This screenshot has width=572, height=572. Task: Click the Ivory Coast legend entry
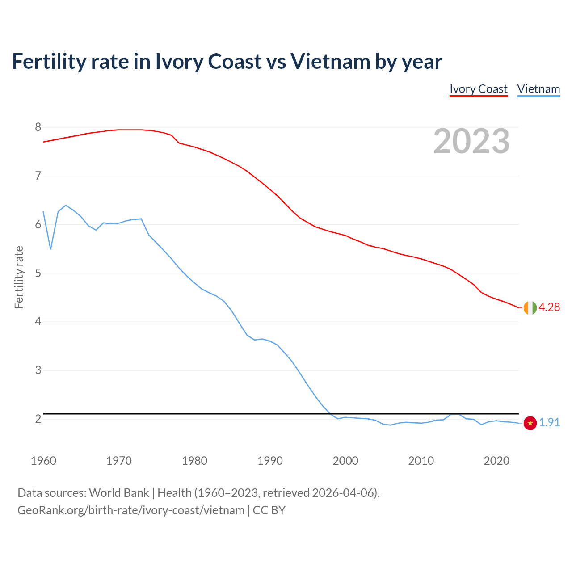478,89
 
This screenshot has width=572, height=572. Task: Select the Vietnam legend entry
538,89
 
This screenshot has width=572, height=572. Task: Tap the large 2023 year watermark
471,141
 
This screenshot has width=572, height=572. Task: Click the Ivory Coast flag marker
530,307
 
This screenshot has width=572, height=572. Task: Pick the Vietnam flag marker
530,423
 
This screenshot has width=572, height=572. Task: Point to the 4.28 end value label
549,307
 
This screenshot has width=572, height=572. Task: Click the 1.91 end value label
549,422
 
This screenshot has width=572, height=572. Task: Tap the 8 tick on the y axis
38,127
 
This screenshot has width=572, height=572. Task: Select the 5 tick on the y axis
38,273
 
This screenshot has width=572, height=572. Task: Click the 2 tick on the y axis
38,419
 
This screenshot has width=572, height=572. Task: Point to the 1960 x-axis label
43,461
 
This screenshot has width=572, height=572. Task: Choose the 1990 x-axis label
270,461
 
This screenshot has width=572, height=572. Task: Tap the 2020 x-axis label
496,461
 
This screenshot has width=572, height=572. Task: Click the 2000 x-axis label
345,461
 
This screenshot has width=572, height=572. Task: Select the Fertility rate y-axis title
19,277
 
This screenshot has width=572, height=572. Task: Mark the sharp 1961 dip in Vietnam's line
50,248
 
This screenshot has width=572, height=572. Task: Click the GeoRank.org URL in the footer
131,510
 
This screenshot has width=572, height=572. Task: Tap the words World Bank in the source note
119,492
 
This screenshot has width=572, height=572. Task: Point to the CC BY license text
269,510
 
